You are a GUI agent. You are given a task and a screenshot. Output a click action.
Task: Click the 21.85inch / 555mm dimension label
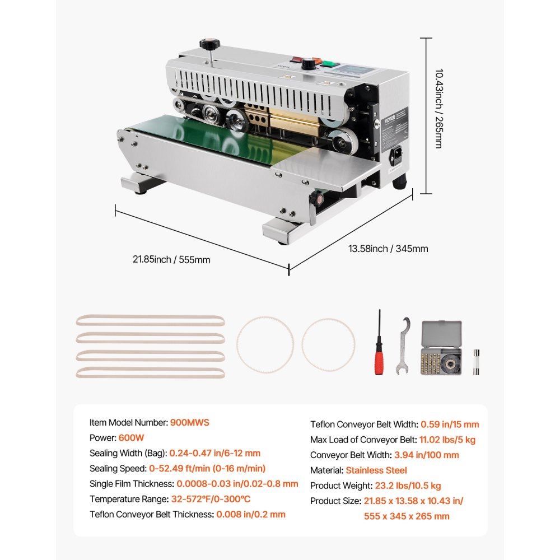(171, 259)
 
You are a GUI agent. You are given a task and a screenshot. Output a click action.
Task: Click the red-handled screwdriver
(380, 344)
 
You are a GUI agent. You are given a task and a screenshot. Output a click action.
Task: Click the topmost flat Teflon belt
(150, 321)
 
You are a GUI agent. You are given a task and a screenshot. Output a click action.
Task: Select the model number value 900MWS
(190, 423)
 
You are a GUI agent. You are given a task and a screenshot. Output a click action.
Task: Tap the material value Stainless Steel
(376, 470)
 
